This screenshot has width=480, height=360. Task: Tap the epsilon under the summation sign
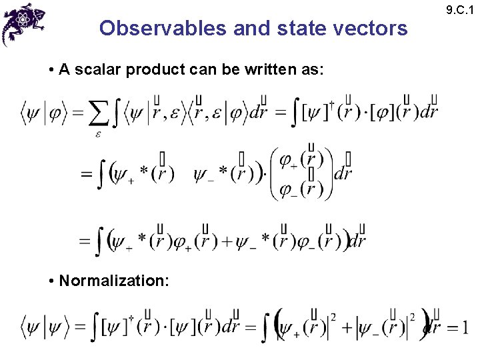point(97,134)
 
